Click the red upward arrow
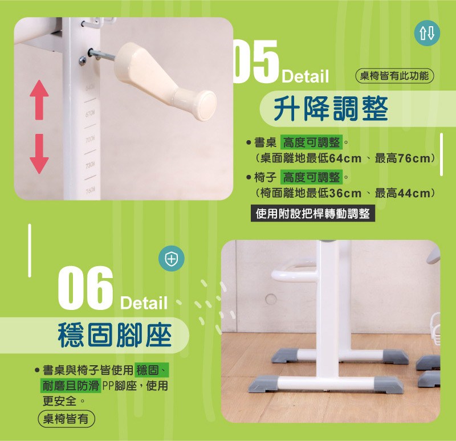point(39,100)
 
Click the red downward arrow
point(39,154)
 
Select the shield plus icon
point(172,259)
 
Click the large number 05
point(256,62)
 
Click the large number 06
point(85,288)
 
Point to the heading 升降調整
point(331,109)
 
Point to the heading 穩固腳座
point(115,335)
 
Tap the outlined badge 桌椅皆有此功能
point(394,76)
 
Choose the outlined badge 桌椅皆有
point(66,419)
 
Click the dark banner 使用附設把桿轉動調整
point(313,214)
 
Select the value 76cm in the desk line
point(414,159)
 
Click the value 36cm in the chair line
point(345,193)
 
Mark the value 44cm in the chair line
point(414,193)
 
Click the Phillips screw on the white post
point(82,60)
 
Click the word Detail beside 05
point(305,76)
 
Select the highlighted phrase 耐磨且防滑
point(70,386)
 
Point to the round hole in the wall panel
point(271,299)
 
